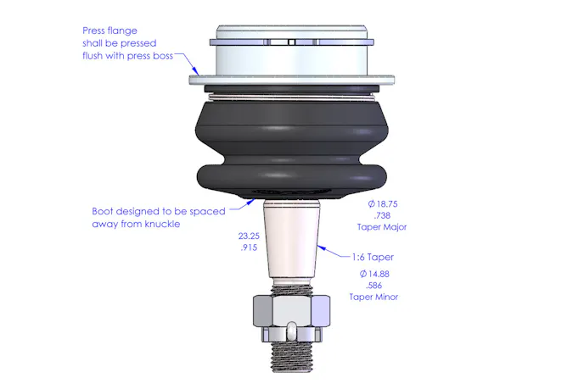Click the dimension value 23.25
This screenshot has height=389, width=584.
click(249, 236)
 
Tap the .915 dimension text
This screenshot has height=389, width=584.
click(249, 247)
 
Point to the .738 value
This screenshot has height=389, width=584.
click(382, 215)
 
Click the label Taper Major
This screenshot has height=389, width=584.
click(382, 227)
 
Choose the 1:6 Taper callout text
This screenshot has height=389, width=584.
click(373, 257)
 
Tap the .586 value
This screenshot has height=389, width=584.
click(374, 286)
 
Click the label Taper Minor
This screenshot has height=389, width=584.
click(373, 297)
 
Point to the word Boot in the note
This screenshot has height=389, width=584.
click(102, 211)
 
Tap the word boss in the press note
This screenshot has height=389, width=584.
click(163, 56)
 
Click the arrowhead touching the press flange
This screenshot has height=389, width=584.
click(195, 71)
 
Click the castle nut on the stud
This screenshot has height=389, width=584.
click(291, 319)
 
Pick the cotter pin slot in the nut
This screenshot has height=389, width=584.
click(292, 331)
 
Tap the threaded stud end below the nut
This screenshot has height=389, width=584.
click(291, 356)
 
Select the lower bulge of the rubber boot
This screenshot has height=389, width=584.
click(291, 180)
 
